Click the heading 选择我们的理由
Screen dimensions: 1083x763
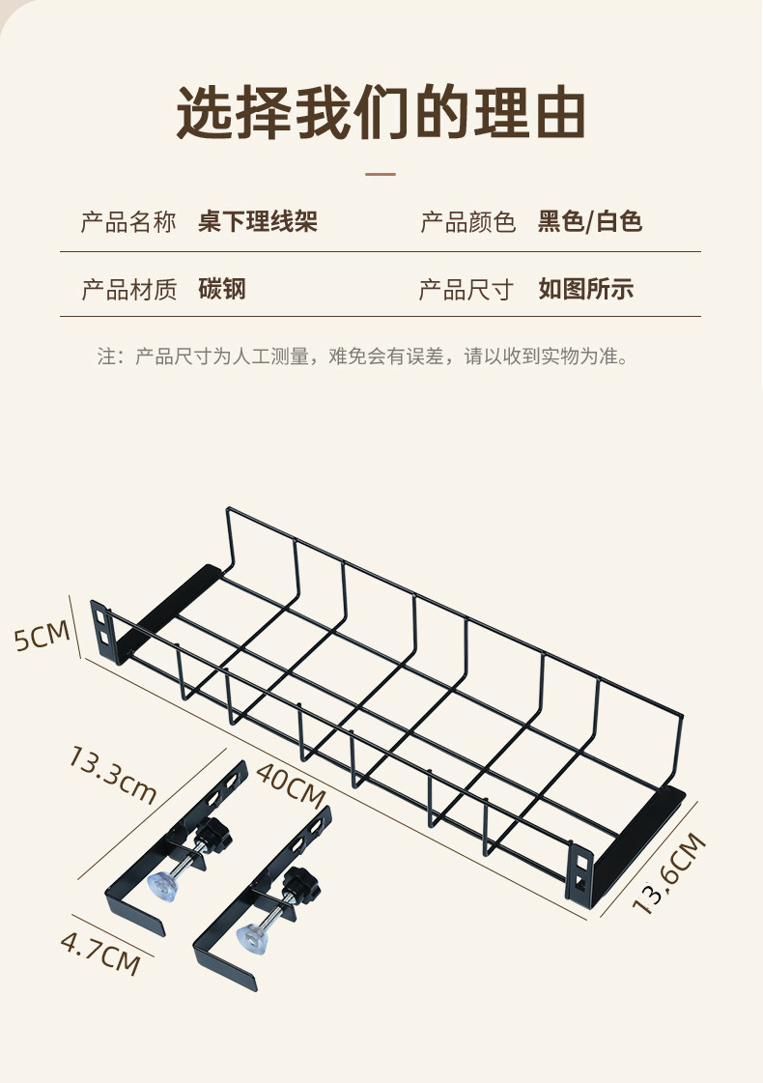(381, 114)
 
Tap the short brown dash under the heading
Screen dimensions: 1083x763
(381, 175)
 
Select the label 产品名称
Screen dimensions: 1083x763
(128, 223)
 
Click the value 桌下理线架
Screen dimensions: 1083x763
(258, 223)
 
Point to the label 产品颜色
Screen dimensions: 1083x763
(468, 223)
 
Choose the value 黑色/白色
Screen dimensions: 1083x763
(590, 223)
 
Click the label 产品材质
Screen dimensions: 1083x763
(128, 289)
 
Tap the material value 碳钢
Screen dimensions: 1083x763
(223, 289)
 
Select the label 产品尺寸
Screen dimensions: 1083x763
(466, 289)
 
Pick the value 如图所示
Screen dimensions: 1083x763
(586, 289)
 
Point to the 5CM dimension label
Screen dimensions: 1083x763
(42, 638)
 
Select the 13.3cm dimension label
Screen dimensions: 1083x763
(112, 774)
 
